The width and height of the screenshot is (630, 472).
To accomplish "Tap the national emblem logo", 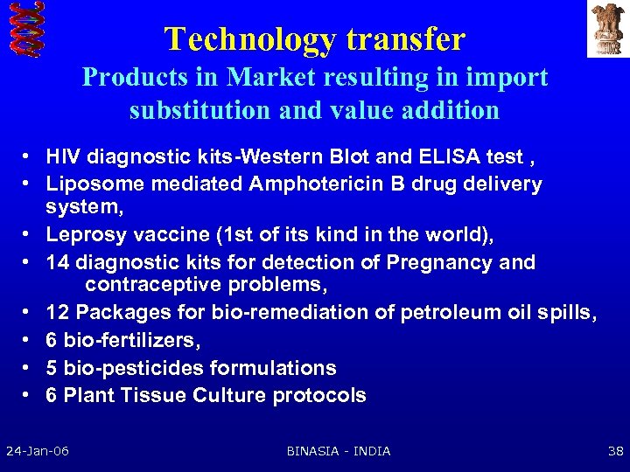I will tap(607, 29).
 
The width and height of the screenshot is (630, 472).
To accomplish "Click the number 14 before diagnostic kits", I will tap(58, 262).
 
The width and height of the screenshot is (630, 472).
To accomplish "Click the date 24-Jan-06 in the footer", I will tap(38, 451).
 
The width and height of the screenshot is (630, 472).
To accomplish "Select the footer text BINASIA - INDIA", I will tap(339, 451).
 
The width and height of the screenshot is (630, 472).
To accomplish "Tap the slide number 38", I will tap(614, 451).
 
